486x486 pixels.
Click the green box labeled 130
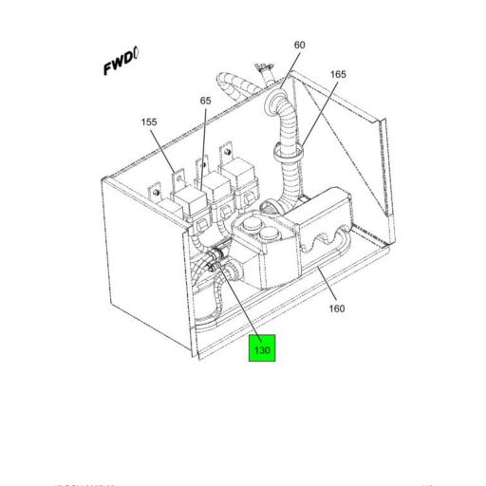pos(261,349)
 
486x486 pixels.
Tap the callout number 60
pos(300,46)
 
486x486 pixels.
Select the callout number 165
pos(338,74)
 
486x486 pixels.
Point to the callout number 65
pos(205,101)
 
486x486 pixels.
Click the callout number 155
pos(149,122)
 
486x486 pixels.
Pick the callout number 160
pos(336,308)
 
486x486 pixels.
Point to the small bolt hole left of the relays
pos(152,194)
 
